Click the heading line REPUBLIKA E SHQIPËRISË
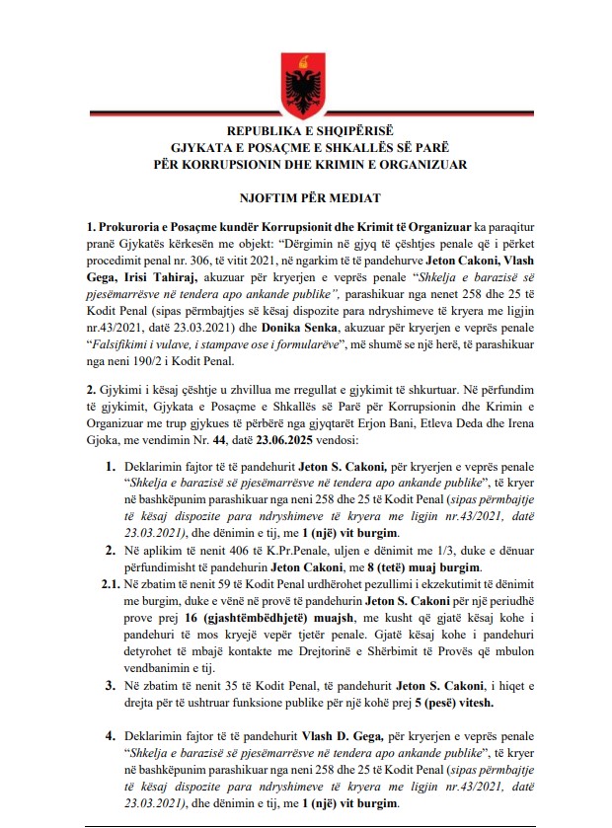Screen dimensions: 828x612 tap(305, 130)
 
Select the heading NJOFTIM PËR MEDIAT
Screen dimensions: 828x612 tap(305, 195)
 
